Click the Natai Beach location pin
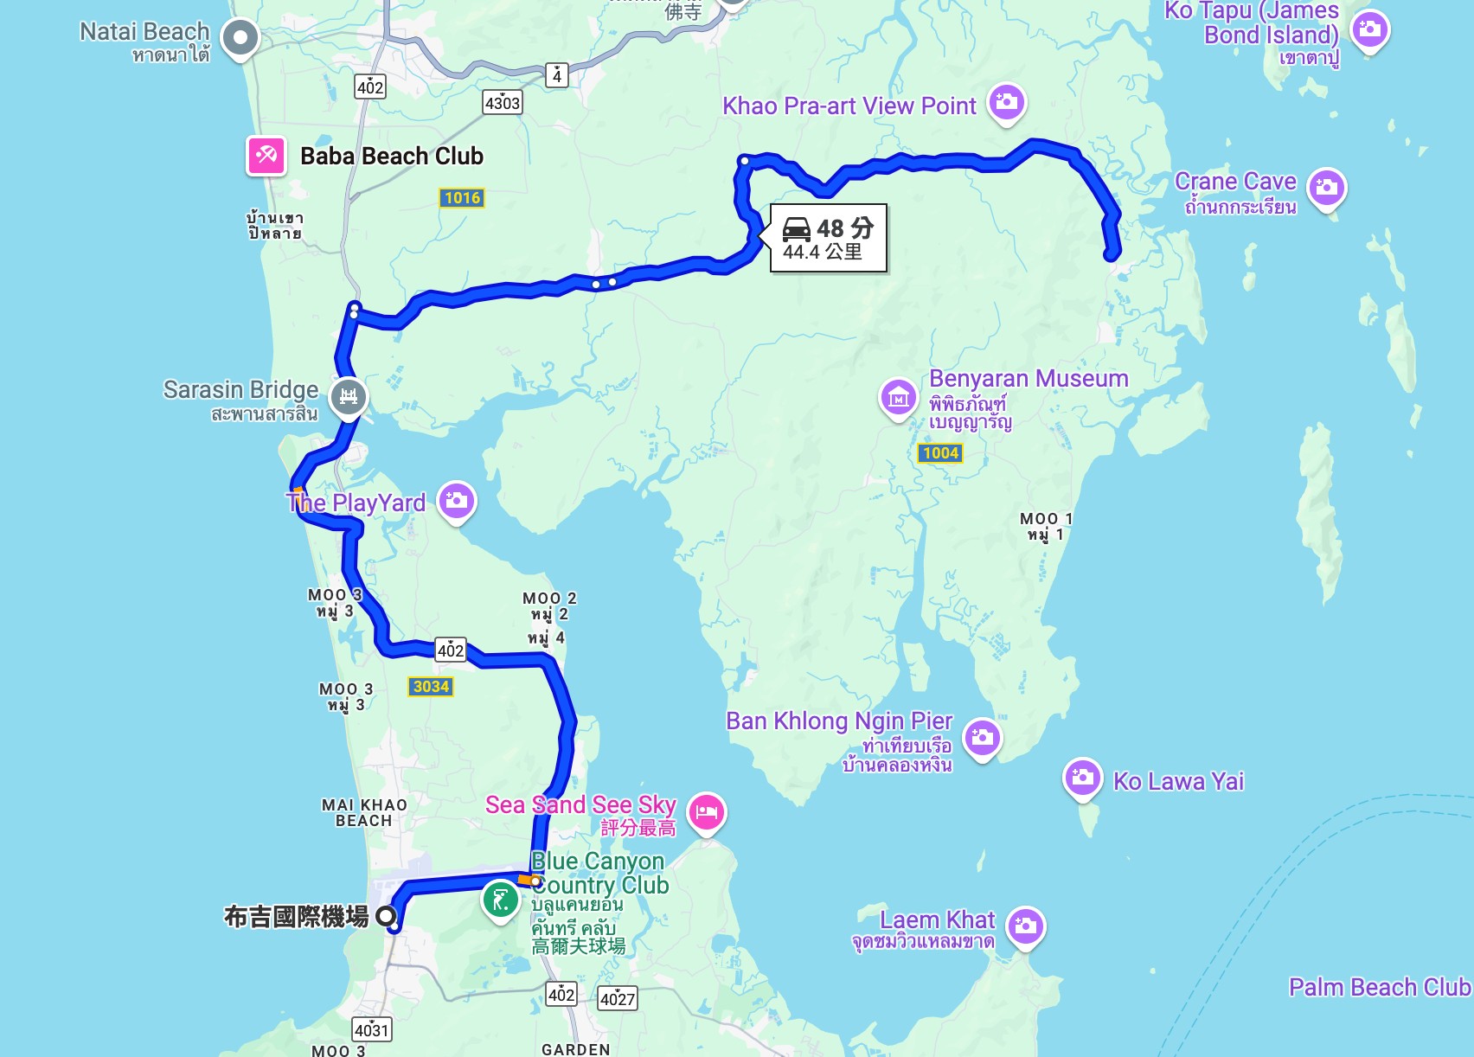point(240,37)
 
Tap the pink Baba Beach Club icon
point(266,156)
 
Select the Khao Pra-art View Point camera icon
point(1005,102)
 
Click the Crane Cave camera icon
point(1326,187)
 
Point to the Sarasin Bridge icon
point(349,397)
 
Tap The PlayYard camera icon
point(456,500)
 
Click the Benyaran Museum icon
point(899,397)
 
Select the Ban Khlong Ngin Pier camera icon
point(982,737)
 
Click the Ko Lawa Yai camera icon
point(1082,778)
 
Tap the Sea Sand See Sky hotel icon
point(707,812)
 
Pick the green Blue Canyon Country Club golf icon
point(500,900)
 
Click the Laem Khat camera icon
point(1025,926)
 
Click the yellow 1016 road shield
point(462,198)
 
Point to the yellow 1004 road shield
point(940,453)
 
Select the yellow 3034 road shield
point(431,687)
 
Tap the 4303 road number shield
point(503,103)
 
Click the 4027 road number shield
point(618,999)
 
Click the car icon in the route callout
point(797,229)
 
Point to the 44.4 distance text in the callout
point(801,252)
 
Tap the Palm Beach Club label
point(1379,987)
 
